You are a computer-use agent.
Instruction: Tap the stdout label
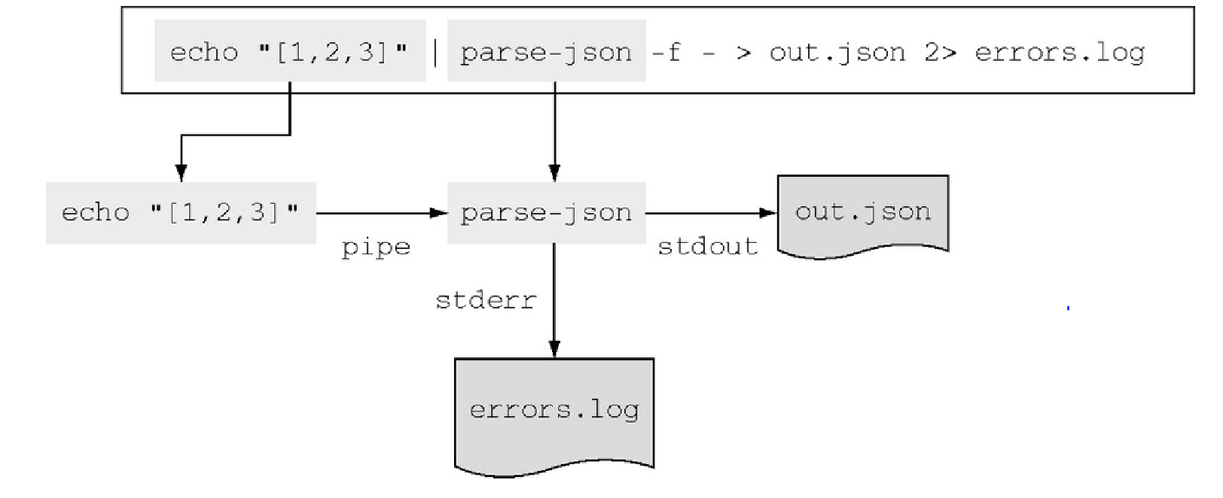pyautogui.click(x=708, y=247)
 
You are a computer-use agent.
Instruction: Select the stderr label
pyautogui.click(x=486, y=301)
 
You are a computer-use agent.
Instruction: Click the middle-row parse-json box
pyautogui.click(x=547, y=213)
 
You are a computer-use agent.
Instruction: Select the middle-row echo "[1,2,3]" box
pyautogui.click(x=181, y=213)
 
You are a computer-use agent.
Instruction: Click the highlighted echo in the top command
pyautogui.click(x=290, y=50)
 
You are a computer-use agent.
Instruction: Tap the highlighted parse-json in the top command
pyautogui.click(x=547, y=50)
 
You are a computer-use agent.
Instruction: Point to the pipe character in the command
pyautogui.click(x=435, y=53)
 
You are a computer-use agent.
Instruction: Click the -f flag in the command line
pyautogui.click(x=666, y=53)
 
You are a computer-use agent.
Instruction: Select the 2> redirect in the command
pyautogui.click(x=940, y=53)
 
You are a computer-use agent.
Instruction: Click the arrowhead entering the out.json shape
pyautogui.click(x=768, y=213)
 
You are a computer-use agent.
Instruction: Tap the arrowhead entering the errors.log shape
pyautogui.click(x=554, y=349)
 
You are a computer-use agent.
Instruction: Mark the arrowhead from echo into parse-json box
pyautogui.click(x=439, y=213)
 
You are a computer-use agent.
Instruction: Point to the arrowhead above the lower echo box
pyautogui.click(x=181, y=173)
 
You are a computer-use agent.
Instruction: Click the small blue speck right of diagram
pyautogui.click(x=1068, y=308)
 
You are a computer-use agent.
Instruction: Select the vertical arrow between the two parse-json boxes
pyautogui.click(x=554, y=132)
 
